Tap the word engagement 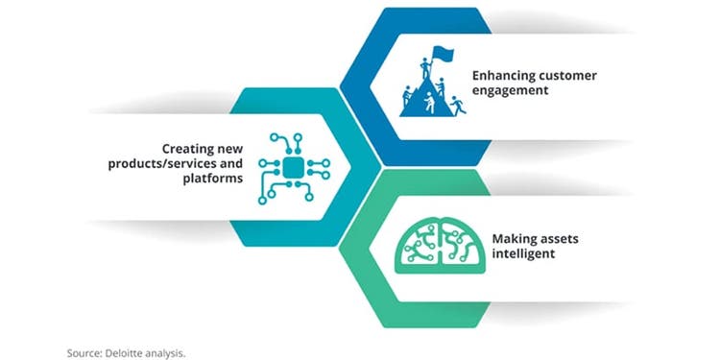pos(510,90)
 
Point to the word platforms pos(212,179)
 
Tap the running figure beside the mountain pos(457,106)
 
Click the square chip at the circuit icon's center pos(294,167)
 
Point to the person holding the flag pos(424,68)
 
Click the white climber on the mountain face pos(429,102)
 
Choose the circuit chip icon pos(294,169)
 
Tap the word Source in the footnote pos(84,353)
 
